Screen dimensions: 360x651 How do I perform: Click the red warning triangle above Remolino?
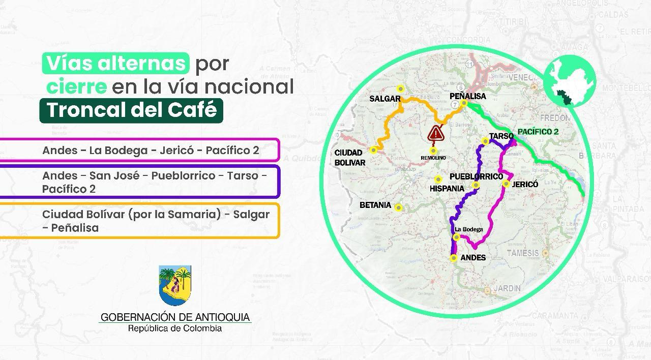point(436,134)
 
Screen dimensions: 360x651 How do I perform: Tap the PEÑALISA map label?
point(467,96)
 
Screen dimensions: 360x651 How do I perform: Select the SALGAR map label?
point(385,99)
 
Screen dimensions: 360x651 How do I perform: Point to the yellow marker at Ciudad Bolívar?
point(374,149)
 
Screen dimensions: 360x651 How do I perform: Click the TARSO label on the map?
point(500,136)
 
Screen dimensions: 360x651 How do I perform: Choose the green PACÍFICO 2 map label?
point(538,132)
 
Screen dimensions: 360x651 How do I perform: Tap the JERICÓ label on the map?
point(525,185)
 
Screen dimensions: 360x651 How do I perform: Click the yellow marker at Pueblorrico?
point(476,185)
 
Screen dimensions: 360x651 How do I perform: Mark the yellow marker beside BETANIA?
point(399,207)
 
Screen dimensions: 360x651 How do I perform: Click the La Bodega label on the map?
point(468,229)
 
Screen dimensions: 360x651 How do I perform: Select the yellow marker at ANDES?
point(454,258)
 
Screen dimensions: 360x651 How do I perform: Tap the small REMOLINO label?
point(433,158)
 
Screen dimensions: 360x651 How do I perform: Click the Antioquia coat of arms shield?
point(175,285)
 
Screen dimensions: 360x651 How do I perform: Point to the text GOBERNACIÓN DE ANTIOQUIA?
point(175,317)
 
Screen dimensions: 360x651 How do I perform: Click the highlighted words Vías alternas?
point(116,63)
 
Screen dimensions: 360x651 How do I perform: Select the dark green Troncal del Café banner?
point(131,110)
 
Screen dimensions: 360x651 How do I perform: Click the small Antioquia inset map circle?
point(570,81)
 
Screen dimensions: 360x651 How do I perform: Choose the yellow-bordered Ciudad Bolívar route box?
point(140,221)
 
